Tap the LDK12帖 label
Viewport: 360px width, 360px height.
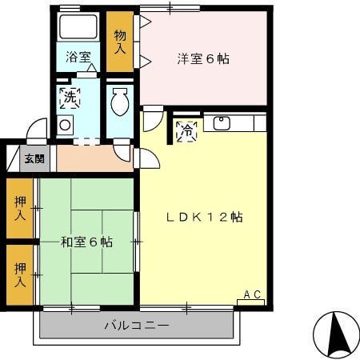pos(205,217)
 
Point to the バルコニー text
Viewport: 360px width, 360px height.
pos(136,326)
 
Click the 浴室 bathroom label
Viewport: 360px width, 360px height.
pos(78,58)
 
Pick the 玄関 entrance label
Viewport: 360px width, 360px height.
pos(34,158)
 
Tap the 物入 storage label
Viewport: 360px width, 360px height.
pos(119,42)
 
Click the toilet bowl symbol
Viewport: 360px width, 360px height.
pos(120,102)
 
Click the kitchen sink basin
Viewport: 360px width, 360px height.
pos(221,124)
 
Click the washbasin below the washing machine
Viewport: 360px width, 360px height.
pos(65,124)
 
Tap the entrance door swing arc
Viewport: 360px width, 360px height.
pos(37,131)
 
